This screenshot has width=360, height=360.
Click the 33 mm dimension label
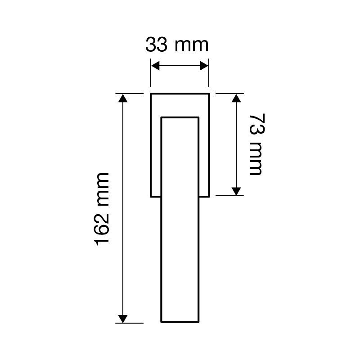177,45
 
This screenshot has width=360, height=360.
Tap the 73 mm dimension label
257,144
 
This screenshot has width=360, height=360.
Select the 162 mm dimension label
102,209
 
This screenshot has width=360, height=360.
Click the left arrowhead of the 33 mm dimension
155,66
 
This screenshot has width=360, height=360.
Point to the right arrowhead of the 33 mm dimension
204,66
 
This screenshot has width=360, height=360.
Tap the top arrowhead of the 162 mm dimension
123,98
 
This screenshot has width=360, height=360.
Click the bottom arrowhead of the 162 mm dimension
123,319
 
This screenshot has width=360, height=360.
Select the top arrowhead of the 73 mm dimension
236,98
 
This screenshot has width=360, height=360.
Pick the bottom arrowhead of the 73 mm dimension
236,192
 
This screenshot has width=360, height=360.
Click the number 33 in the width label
156,45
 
